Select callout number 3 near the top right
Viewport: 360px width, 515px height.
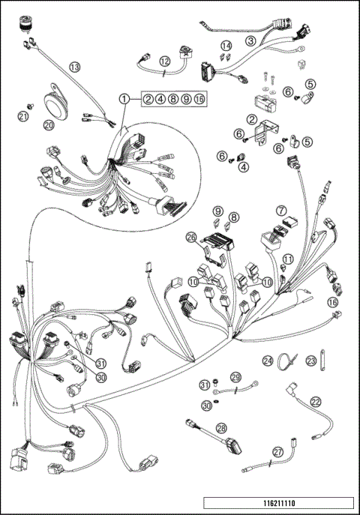pyautogui.click(x=251, y=40)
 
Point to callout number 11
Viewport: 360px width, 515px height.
pyautogui.click(x=286, y=259)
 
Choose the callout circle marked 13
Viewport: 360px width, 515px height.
pyautogui.click(x=74, y=67)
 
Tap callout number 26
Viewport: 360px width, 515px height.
pyautogui.click(x=191, y=238)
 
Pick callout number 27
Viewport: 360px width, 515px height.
pyautogui.click(x=277, y=452)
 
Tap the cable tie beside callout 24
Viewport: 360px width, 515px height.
pyautogui.click(x=287, y=361)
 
